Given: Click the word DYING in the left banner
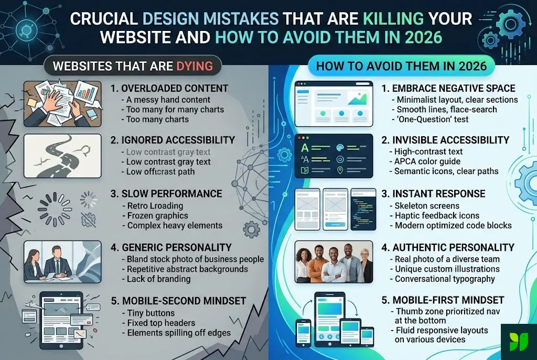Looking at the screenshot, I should [195, 66].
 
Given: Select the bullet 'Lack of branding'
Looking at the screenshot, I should [158, 279].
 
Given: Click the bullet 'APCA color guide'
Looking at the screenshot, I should [427, 161].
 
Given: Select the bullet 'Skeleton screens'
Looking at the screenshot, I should [427, 205].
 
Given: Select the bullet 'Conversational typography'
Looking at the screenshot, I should [445, 279].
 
